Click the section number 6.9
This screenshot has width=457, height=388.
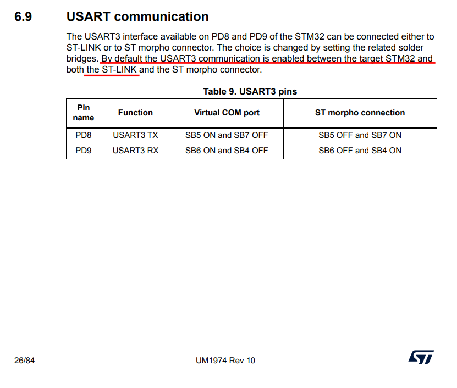click(x=23, y=16)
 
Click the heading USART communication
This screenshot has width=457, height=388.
click(x=137, y=16)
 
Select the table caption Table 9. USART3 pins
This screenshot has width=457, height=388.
click(x=250, y=91)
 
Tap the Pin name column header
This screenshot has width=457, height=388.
click(x=84, y=113)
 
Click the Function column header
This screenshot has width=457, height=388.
click(x=135, y=113)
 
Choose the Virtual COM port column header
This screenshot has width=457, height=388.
click(x=227, y=113)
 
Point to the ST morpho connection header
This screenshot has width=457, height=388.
click(x=360, y=113)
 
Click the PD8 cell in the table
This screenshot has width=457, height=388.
click(x=84, y=135)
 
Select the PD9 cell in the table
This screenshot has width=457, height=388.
click(x=84, y=151)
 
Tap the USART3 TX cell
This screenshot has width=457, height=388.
click(x=135, y=135)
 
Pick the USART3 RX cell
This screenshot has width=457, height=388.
click(x=135, y=151)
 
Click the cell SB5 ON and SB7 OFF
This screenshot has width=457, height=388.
click(x=227, y=135)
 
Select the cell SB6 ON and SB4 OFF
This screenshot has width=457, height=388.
click(x=227, y=151)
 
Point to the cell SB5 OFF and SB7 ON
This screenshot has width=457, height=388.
click(x=360, y=135)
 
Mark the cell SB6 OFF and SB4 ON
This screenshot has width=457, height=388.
click(x=360, y=151)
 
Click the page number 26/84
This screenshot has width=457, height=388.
click(x=25, y=361)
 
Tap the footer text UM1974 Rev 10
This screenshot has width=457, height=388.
click(x=225, y=361)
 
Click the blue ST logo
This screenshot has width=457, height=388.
click(x=421, y=357)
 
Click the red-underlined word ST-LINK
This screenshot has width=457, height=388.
click(x=119, y=70)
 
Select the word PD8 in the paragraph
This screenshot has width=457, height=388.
click(x=222, y=37)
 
